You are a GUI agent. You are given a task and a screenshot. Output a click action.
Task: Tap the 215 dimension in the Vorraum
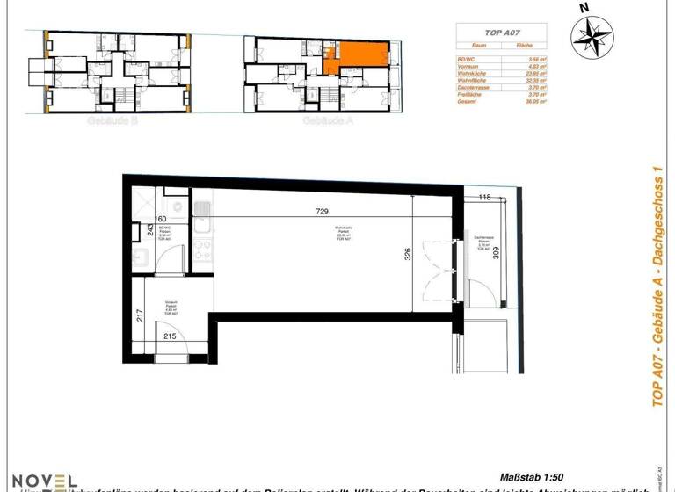(x=171, y=336)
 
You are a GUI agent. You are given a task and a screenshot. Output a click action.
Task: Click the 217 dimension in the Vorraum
(x=141, y=315)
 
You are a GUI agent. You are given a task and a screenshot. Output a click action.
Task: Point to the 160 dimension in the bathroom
(x=160, y=220)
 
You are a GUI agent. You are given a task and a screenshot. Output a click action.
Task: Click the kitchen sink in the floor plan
(x=202, y=211)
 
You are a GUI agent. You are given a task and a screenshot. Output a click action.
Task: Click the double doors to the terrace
(x=438, y=270)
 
